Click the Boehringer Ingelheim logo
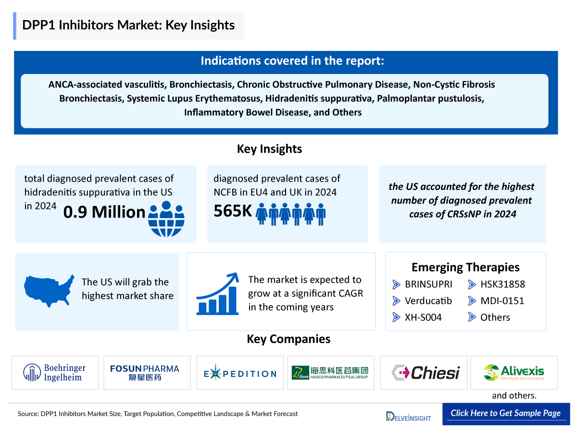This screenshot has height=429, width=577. [55, 372]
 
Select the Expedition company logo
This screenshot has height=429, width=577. [239, 373]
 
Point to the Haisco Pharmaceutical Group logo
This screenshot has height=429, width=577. [330, 372]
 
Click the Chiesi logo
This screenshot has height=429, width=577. [425, 372]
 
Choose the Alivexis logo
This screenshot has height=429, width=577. [514, 372]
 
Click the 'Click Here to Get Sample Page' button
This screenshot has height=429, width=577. [505, 413]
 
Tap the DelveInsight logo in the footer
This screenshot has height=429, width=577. [409, 416]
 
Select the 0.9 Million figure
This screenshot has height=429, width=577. [104, 212]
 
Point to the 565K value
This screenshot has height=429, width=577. [233, 211]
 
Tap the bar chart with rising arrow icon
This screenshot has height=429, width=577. [218, 294]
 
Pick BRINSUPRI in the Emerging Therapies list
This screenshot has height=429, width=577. [428, 284]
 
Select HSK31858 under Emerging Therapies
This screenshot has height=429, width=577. [502, 284]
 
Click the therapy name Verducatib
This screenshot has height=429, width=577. [428, 301]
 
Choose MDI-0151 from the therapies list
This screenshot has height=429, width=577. [502, 301]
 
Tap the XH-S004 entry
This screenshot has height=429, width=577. [423, 317]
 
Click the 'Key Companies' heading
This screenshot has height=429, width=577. [288, 339]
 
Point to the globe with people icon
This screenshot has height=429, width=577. [166, 219]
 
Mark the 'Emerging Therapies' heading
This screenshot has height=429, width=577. [465, 267]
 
